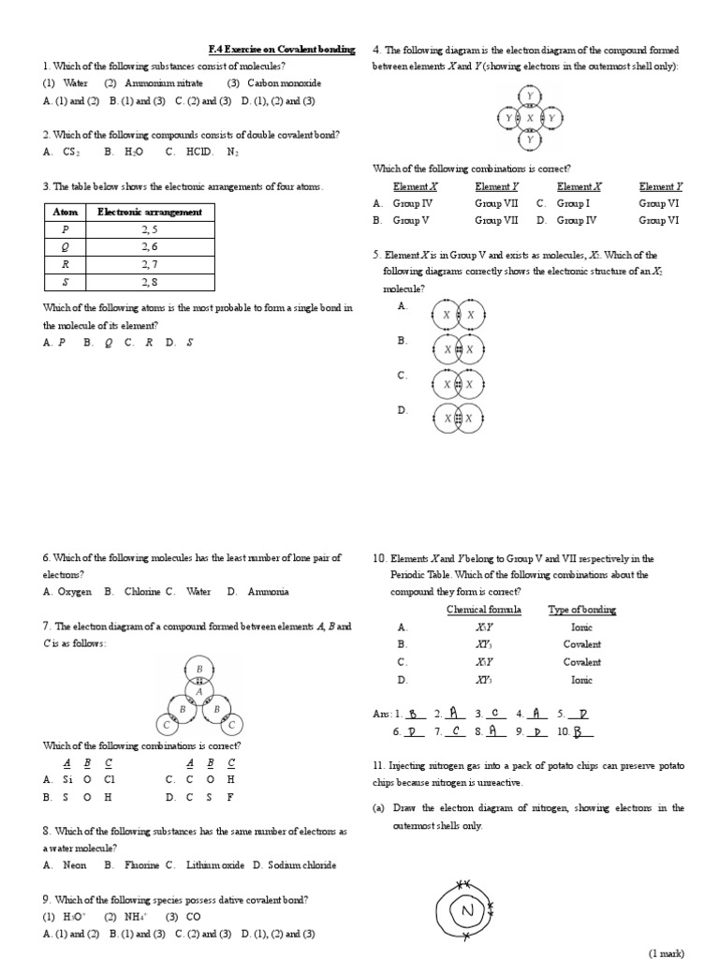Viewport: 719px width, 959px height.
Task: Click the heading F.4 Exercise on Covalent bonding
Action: click(281, 49)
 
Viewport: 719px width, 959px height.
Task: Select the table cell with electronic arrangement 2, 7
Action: click(150, 264)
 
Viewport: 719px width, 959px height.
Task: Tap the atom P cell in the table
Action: click(65, 229)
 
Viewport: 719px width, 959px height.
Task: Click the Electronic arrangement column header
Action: click(150, 212)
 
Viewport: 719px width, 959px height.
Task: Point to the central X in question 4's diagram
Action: click(530, 118)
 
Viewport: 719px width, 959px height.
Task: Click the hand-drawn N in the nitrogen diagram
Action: click(467, 911)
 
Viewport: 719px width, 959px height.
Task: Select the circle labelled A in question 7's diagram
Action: click(198, 691)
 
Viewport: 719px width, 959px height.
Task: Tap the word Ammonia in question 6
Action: click(270, 592)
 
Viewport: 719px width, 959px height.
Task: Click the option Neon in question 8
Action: click(78, 865)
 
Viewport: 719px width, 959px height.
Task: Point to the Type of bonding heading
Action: click(581, 610)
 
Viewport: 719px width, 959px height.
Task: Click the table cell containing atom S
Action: click(65, 281)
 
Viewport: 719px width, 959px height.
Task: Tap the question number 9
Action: click(47, 899)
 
